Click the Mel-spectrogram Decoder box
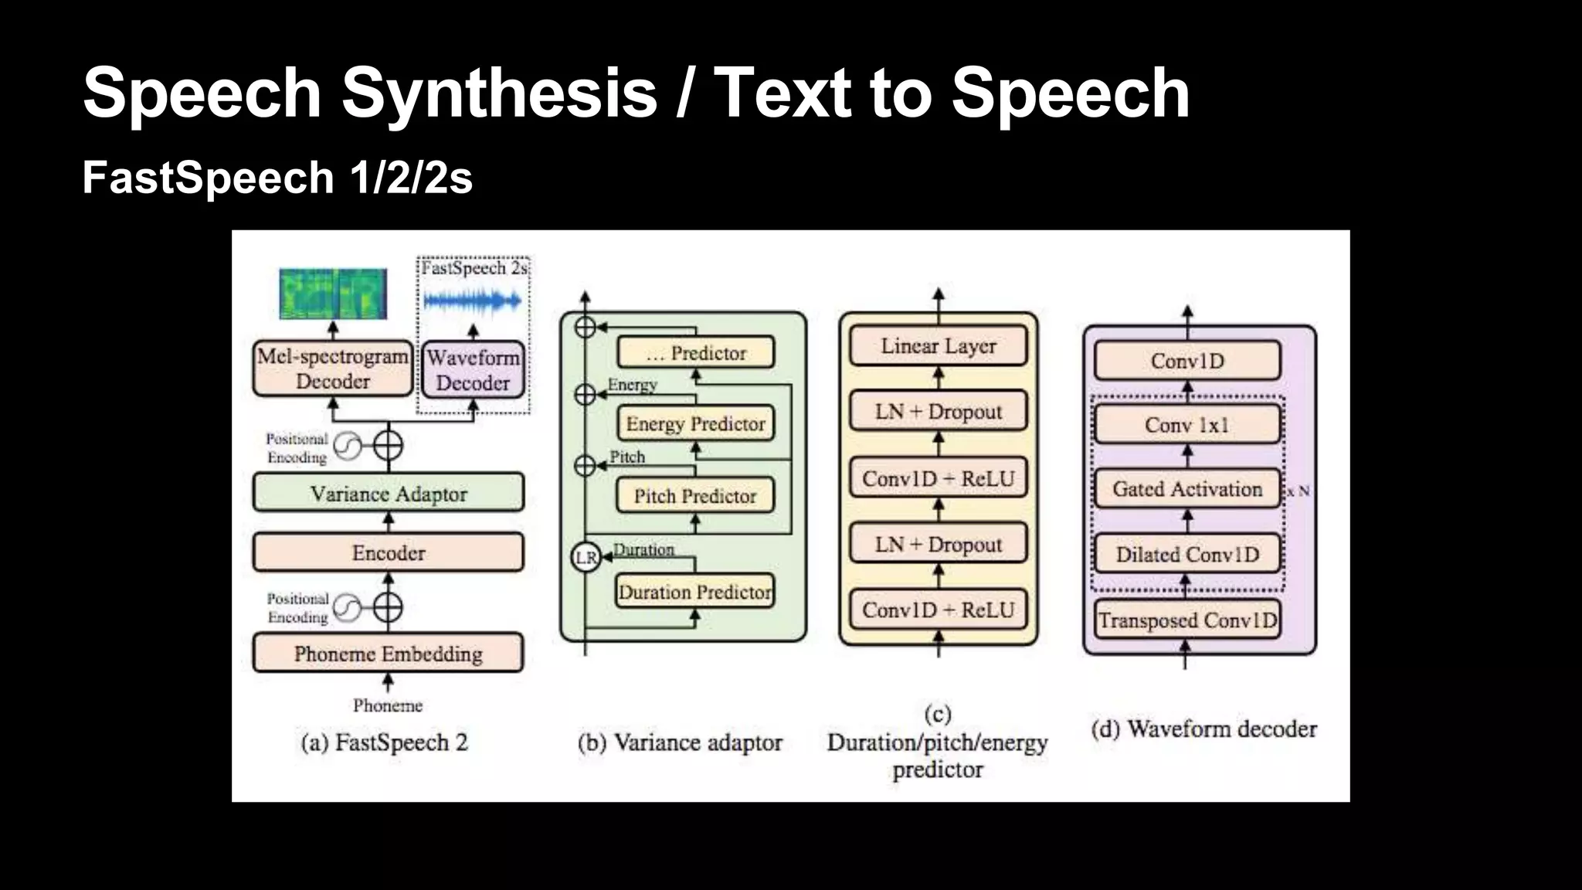click(333, 369)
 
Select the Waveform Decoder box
click(473, 370)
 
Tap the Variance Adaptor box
click(388, 493)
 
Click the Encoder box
click(388, 552)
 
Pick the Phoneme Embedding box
click(388, 654)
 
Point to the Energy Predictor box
click(695, 423)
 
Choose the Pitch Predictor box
click(695, 496)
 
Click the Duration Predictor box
click(695, 592)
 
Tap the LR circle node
click(586, 557)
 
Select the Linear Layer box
click(938, 346)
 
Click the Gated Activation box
click(1187, 489)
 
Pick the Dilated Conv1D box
click(1187, 554)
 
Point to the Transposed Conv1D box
click(1187, 620)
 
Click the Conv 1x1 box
click(1187, 425)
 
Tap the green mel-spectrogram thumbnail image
click(333, 294)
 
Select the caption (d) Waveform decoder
click(1203, 729)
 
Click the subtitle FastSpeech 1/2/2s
click(277, 178)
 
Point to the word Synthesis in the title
click(499, 93)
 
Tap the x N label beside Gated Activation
click(1299, 491)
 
